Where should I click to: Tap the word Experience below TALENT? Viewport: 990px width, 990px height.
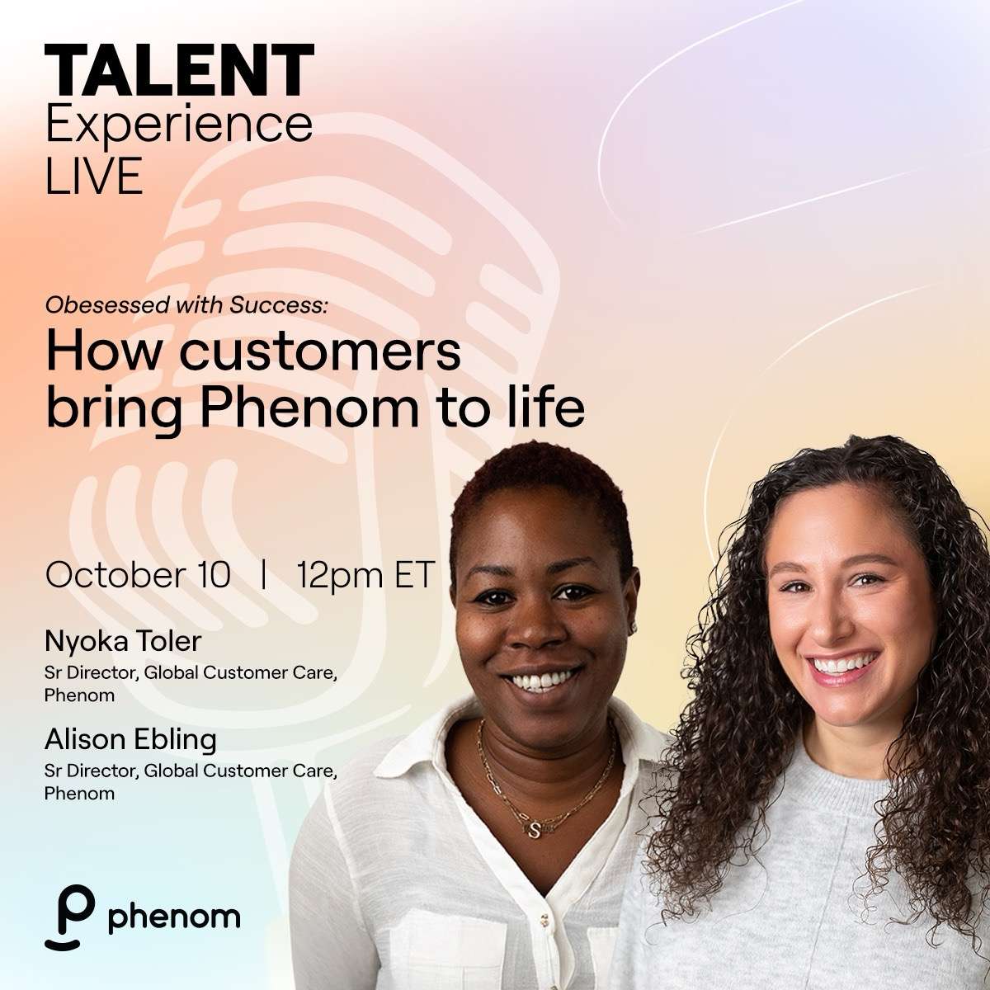pos(179,125)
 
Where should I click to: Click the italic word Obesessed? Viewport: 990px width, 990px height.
pos(107,306)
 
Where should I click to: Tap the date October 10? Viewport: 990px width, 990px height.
pos(138,575)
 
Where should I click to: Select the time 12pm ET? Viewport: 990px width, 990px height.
pos(365,575)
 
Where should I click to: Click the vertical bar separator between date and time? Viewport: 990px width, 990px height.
pos(263,575)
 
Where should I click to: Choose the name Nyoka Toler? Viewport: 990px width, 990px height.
pos(123,641)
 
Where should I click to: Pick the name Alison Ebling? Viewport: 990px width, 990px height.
pos(130,738)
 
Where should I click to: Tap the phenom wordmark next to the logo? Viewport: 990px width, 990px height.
pos(174,917)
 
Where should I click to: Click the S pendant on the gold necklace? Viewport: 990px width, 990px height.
pos(534,830)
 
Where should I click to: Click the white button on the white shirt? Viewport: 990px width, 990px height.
pos(545,917)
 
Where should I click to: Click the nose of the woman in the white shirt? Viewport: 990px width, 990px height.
pos(540,633)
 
